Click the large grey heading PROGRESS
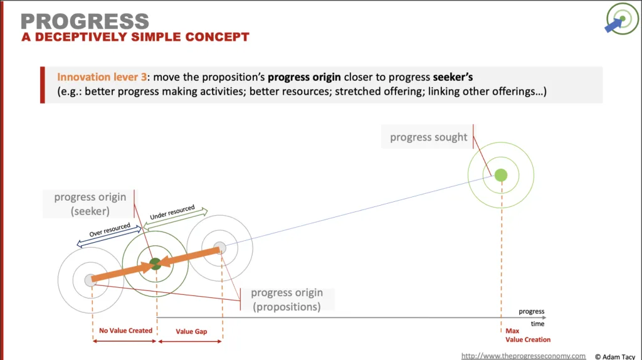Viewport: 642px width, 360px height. tap(85, 21)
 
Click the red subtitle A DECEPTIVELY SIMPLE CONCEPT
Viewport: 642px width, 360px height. tap(135, 37)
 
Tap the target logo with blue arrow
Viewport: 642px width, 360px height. tap(621, 19)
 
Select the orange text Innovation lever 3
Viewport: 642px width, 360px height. tap(102, 77)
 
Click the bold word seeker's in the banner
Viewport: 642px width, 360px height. tap(453, 77)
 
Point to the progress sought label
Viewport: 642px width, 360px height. tap(428, 137)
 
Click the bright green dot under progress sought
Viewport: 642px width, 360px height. tap(501, 175)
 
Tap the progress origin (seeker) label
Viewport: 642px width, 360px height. tap(90, 204)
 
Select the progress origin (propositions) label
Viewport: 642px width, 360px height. tap(287, 300)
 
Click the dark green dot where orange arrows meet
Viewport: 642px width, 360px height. tap(155, 264)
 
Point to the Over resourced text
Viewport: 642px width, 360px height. tap(110, 230)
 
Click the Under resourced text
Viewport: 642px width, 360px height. tap(172, 212)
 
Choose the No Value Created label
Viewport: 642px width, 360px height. tap(125, 331)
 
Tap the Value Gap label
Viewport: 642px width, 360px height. tap(191, 331)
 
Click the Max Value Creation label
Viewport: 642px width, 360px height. tap(528, 335)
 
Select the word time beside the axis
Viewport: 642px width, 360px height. tap(537, 324)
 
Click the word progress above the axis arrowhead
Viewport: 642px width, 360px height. tap(532, 311)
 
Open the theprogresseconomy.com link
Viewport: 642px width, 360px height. tap(524, 356)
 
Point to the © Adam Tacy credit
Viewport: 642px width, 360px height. tap(615, 357)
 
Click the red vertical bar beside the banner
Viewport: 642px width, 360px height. tap(43, 85)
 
